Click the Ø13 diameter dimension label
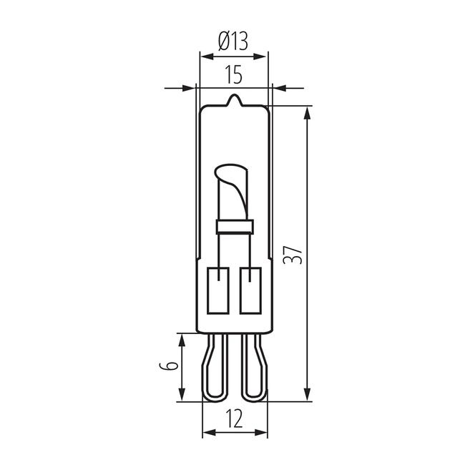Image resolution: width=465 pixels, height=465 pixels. pyautogui.click(x=232, y=41)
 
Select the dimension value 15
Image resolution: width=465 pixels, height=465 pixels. pyautogui.click(x=232, y=74)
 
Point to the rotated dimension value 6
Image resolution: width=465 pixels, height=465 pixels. pyautogui.click(x=170, y=366)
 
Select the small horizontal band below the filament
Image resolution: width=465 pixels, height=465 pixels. pyautogui.click(x=235, y=227)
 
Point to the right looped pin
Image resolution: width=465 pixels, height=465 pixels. pyautogui.click(x=253, y=369)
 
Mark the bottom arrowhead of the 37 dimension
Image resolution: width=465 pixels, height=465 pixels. pyautogui.click(x=308, y=395)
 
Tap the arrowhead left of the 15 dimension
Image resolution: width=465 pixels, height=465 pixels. pyautogui.click(x=189, y=88)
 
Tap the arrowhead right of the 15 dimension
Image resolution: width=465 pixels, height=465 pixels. pyautogui.click(x=278, y=88)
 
